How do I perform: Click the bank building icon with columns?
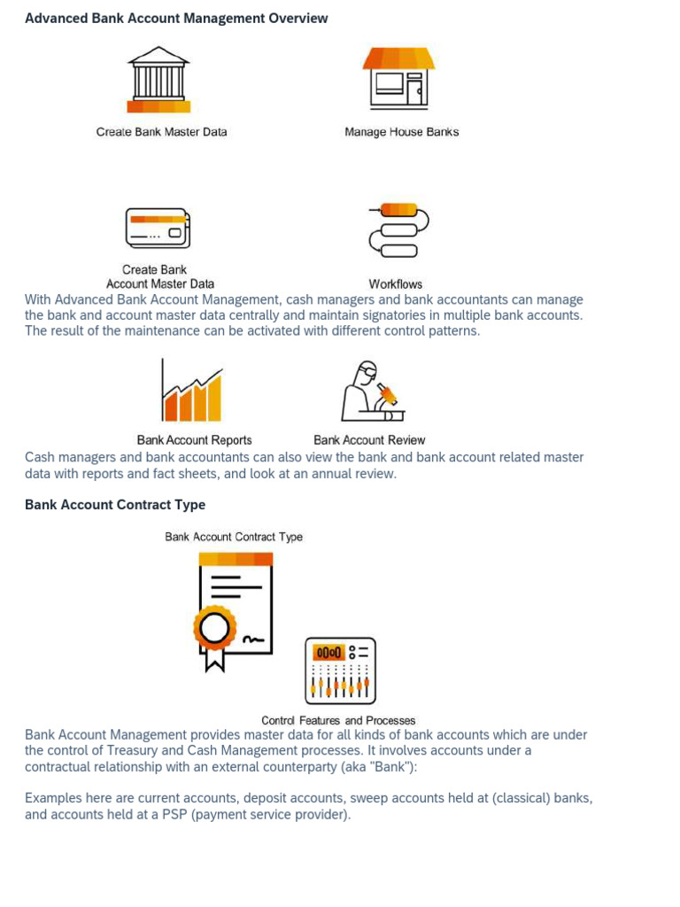pos(158,80)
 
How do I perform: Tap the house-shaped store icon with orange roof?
pos(398,78)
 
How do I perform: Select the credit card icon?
pos(158,229)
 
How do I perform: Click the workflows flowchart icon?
pos(398,230)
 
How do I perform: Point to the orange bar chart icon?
pos(191,391)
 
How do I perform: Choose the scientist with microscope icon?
pos(373,391)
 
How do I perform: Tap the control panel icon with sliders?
pos(341,671)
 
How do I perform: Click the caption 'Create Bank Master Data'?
pos(161,132)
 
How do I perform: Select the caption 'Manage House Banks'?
pos(401,132)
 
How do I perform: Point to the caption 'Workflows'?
pos(396,284)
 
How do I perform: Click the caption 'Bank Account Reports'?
pos(194,440)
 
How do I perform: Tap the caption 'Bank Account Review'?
pos(369,440)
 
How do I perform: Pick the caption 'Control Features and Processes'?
pos(338,721)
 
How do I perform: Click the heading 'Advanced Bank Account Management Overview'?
pos(176,18)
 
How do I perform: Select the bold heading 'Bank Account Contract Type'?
pos(115,505)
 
